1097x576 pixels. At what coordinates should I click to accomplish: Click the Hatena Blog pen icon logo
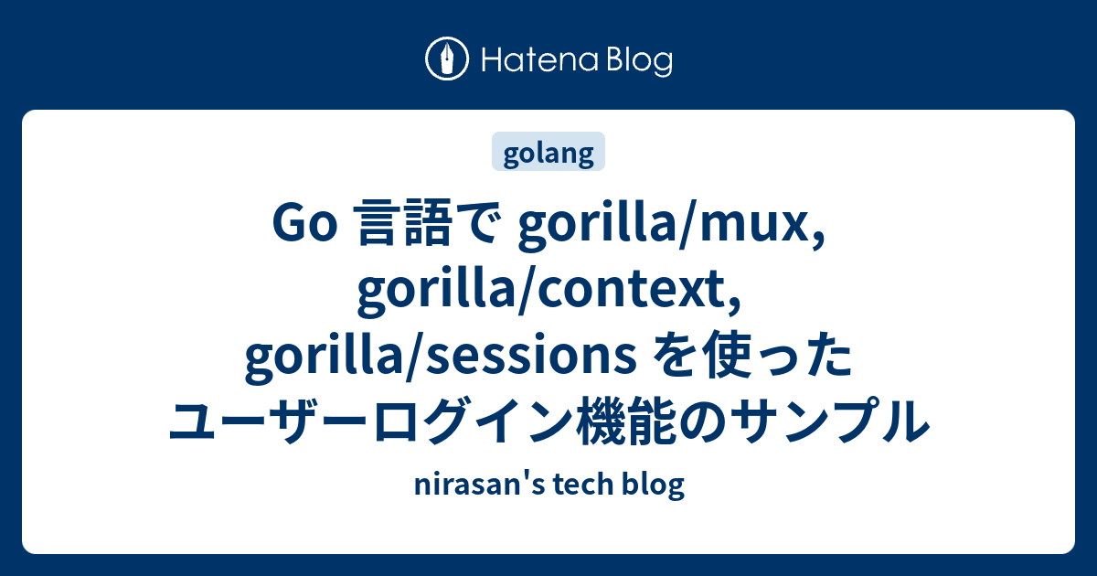coord(448,60)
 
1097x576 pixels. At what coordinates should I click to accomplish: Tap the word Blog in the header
coord(637,60)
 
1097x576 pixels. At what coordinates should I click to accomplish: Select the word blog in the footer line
coord(652,485)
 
